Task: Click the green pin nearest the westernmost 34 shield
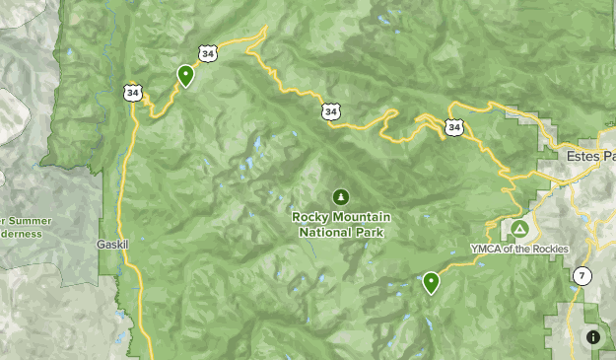(185, 74)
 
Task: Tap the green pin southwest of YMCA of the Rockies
(431, 283)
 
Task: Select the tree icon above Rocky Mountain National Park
(341, 196)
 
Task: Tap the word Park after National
(371, 233)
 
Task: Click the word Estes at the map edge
(582, 156)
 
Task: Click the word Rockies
(550, 250)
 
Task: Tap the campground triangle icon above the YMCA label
(518, 230)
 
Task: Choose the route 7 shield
(582, 276)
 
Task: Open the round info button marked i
(593, 337)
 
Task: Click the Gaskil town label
(113, 244)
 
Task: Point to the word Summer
(30, 221)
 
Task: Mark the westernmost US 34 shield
(133, 92)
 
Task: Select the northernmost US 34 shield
(207, 52)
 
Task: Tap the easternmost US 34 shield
(453, 126)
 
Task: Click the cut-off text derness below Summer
(22, 235)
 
